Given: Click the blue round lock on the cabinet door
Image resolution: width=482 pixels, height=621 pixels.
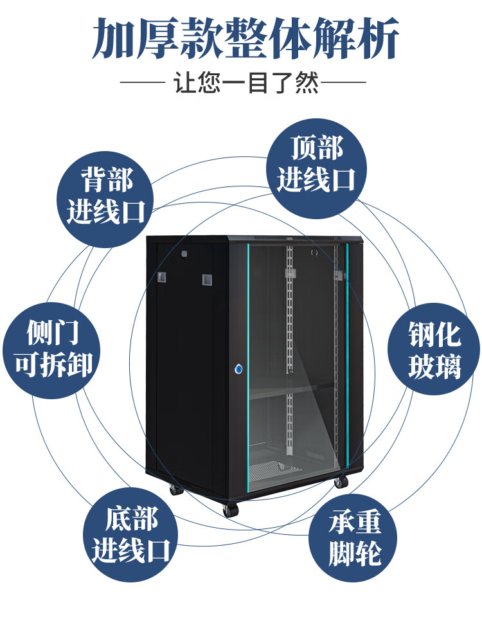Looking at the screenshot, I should coord(239,370).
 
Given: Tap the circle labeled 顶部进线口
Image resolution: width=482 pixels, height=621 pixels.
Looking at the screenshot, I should coord(316,165).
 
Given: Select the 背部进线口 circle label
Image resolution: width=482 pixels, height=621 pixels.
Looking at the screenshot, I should coord(106,197).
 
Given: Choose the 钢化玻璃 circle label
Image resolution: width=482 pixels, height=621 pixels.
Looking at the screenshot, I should coord(434,351).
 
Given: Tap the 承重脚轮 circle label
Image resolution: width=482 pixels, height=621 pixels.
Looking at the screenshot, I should coord(355,539).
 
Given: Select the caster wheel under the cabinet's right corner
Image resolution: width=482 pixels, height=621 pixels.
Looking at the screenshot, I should coord(341,480).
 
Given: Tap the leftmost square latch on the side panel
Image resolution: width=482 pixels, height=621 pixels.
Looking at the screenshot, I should coord(161,278).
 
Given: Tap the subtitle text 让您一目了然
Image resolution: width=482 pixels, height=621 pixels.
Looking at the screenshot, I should coord(247,84).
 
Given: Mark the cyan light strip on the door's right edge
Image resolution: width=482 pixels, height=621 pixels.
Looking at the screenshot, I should coord(348,354).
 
